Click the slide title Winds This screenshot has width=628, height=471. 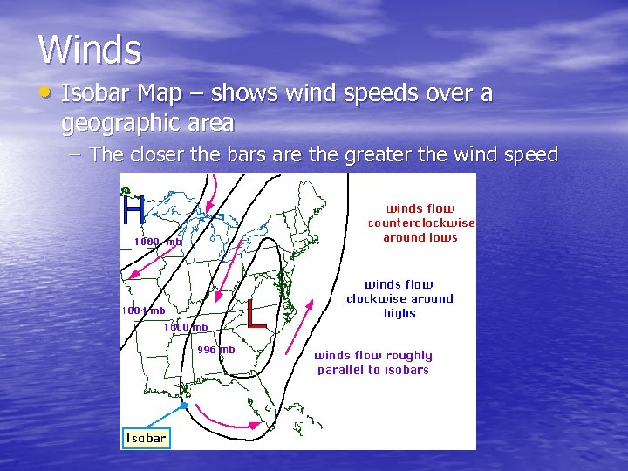tap(89, 50)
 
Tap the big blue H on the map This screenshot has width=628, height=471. tap(133, 209)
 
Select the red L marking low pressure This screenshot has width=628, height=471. tap(256, 314)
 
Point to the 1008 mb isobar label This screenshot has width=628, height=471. tap(158, 242)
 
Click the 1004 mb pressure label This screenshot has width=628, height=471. tap(142, 311)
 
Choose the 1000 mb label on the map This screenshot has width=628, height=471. tap(186, 327)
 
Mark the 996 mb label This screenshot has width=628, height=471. tap(216, 350)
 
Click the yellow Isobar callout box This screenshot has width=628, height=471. tap(146, 438)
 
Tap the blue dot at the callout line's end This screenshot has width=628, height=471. tap(183, 406)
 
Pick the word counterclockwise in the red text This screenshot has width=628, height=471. tap(421, 223)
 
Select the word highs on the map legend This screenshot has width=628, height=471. tap(399, 314)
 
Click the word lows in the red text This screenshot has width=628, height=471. tap(442, 237)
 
